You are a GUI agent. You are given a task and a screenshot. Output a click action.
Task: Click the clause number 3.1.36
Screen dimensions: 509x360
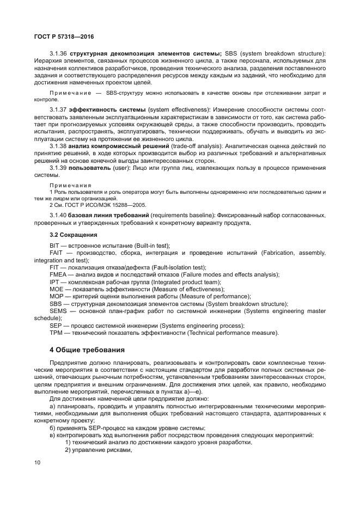tap(58, 53)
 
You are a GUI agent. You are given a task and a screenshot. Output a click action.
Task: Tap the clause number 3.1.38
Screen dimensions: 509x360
tap(58, 146)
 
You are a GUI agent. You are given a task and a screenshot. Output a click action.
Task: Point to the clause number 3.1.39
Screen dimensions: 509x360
tap(58, 168)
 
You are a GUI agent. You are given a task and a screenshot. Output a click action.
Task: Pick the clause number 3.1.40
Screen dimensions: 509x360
tap(58, 216)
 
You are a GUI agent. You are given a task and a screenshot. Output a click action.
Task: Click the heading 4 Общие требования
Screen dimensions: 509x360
tap(87, 349)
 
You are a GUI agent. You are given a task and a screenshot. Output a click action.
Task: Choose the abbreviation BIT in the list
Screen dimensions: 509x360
tap(54, 246)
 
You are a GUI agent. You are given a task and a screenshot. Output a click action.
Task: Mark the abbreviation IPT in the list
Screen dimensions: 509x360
tap(54, 282)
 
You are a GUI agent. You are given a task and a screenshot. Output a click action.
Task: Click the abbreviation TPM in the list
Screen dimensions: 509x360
tap(56, 332)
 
